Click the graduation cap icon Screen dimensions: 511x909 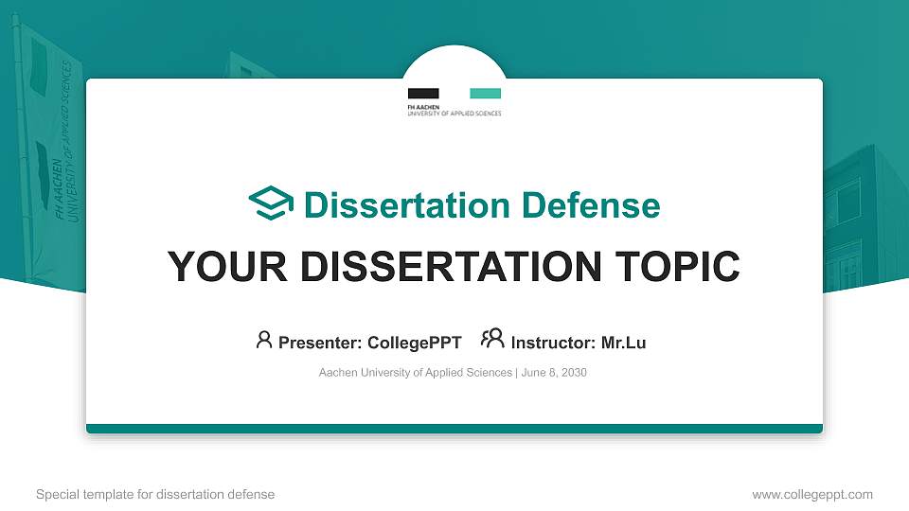[272, 203]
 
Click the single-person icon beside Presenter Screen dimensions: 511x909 [264, 340]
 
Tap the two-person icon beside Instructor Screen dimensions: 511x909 [492, 339]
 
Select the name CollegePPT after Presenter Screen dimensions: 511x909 [414, 343]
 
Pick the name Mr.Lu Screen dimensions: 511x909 [623, 343]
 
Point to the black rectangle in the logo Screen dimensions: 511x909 [423, 93]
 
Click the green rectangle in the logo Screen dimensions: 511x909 [486, 93]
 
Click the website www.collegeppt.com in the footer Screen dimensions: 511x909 [812, 494]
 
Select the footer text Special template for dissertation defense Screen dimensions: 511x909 [155, 494]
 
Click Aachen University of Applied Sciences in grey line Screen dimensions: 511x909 [416, 373]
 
